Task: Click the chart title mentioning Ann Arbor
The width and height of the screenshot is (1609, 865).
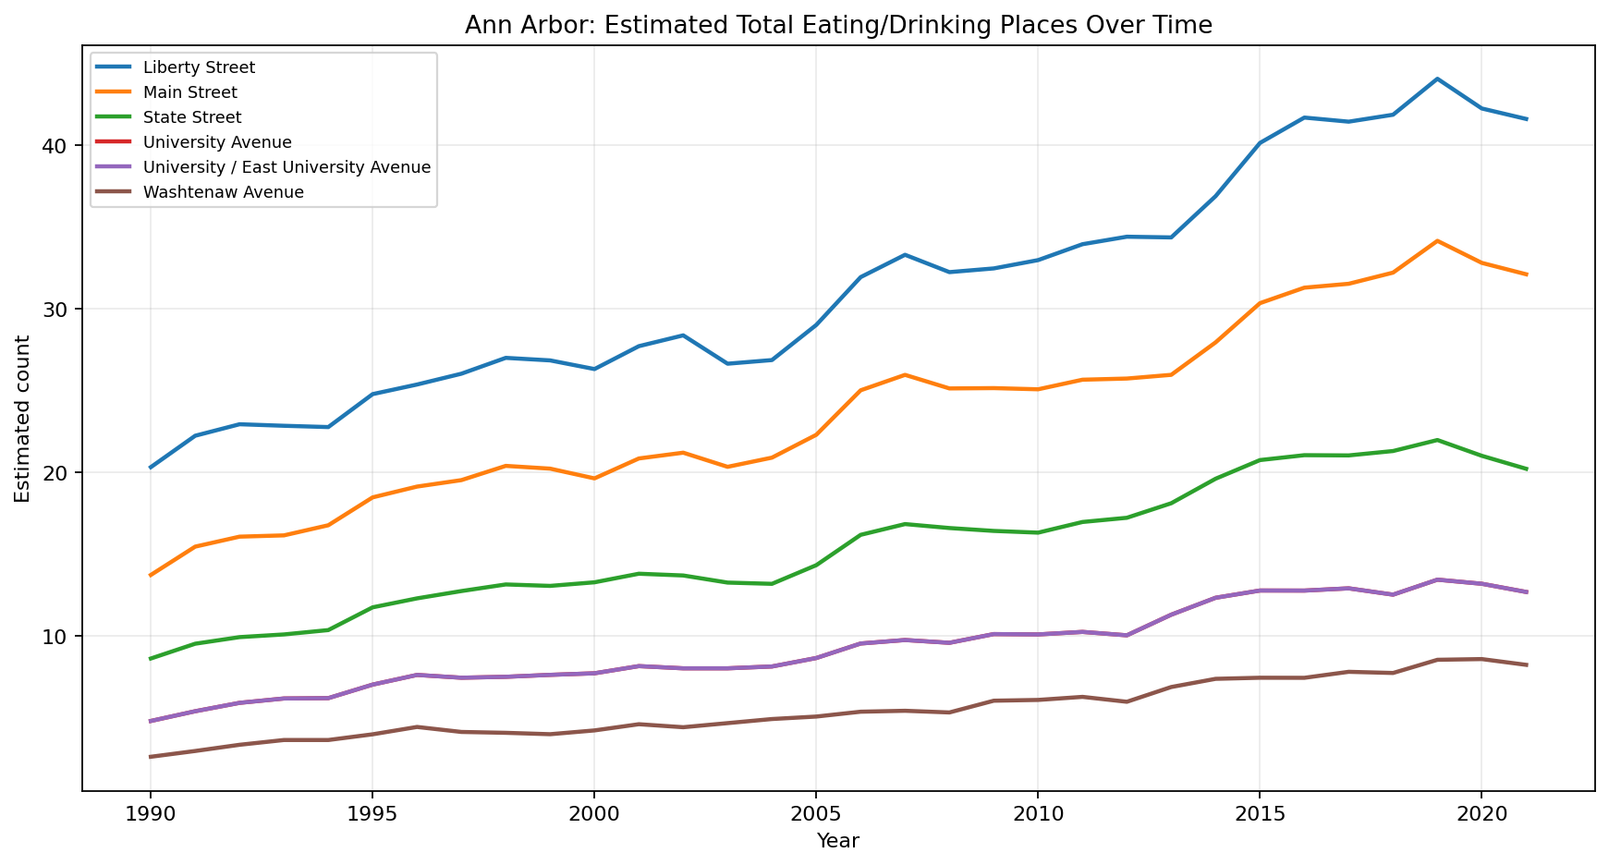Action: tap(837, 25)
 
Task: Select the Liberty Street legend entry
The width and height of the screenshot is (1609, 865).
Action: tap(199, 67)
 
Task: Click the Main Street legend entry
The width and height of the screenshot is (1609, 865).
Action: tap(189, 92)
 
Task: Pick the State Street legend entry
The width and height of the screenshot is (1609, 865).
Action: tap(191, 117)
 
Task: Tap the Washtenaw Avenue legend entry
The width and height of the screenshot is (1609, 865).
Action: tap(223, 192)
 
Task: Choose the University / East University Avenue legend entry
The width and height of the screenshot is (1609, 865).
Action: tap(286, 167)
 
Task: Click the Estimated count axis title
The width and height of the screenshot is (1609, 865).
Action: tap(23, 419)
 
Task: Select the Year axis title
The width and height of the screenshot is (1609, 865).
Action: tap(837, 841)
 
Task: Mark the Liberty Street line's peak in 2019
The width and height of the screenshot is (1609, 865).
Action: tap(1437, 79)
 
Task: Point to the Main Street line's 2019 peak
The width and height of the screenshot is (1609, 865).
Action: tap(1437, 240)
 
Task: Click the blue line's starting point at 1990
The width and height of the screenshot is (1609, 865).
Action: tap(150, 468)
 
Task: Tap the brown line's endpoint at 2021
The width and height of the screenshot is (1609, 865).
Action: tap(1526, 664)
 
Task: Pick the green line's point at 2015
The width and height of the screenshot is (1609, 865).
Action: tap(1260, 460)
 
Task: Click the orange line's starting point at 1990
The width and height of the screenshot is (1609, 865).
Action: tap(150, 576)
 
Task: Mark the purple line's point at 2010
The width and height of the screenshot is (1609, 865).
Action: tap(1037, 634)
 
